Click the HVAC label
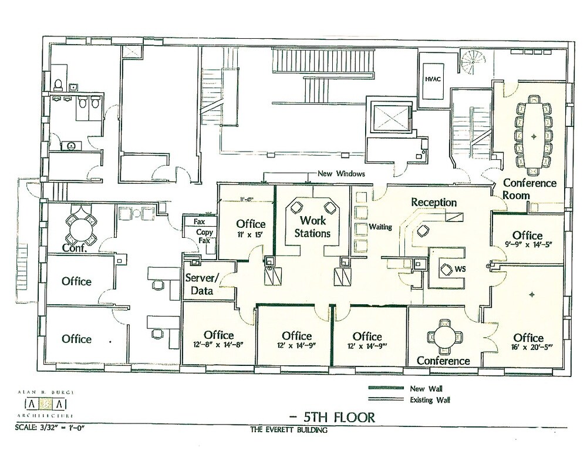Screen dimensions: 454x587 433,77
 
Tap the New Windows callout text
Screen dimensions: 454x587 341,174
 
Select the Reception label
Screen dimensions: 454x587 434,202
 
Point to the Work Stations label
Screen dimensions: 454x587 313,227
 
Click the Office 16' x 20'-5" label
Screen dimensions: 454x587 528,342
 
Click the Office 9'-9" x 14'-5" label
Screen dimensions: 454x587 527,240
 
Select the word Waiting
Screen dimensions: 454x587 380,227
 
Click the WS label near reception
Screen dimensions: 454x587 461,269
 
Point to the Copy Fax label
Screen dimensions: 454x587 205,236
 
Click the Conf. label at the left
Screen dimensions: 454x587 76,248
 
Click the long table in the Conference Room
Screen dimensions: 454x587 534,136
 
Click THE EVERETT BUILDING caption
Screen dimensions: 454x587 288,430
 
